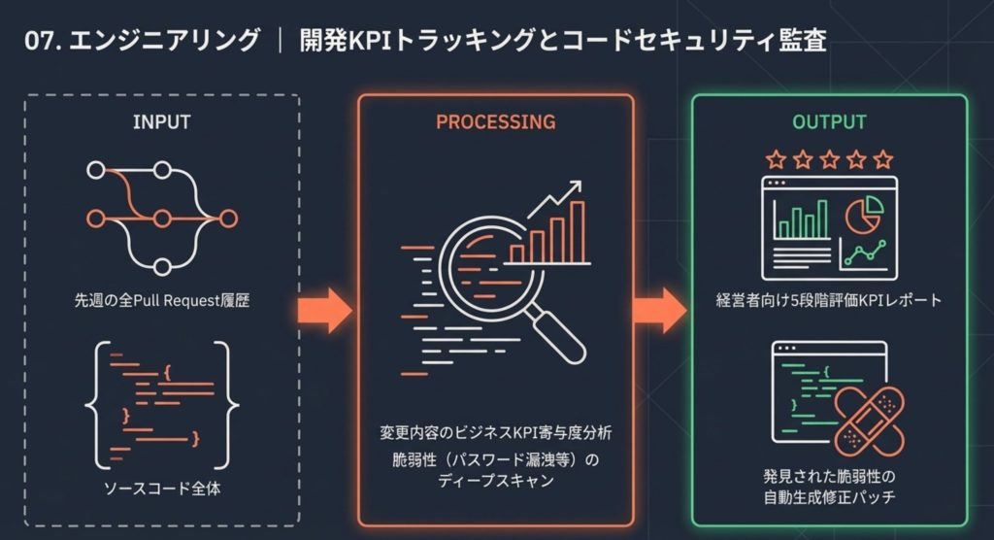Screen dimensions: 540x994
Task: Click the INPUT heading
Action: [x=161, y=123]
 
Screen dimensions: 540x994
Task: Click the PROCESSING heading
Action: [x=495, y=122]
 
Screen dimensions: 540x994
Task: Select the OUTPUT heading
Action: [x=828, y=123]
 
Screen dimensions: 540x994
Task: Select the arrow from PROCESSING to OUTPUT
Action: [x=659, y=310]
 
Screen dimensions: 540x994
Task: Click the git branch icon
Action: [x=161, y=217]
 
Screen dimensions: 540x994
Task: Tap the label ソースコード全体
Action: [x=161, y=489]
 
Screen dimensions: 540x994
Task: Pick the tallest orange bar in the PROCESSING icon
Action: [x=578, y=232]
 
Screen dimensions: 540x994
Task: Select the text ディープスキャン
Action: [x=496, y=480]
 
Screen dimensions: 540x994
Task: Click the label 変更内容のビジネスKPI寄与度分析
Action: [x=495, y=430]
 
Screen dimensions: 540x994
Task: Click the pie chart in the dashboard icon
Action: [x=861, y=215]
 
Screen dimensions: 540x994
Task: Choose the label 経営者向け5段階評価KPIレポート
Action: [x=828, y=300]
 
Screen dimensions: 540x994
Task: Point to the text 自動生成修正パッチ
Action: [x=828, y=497]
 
